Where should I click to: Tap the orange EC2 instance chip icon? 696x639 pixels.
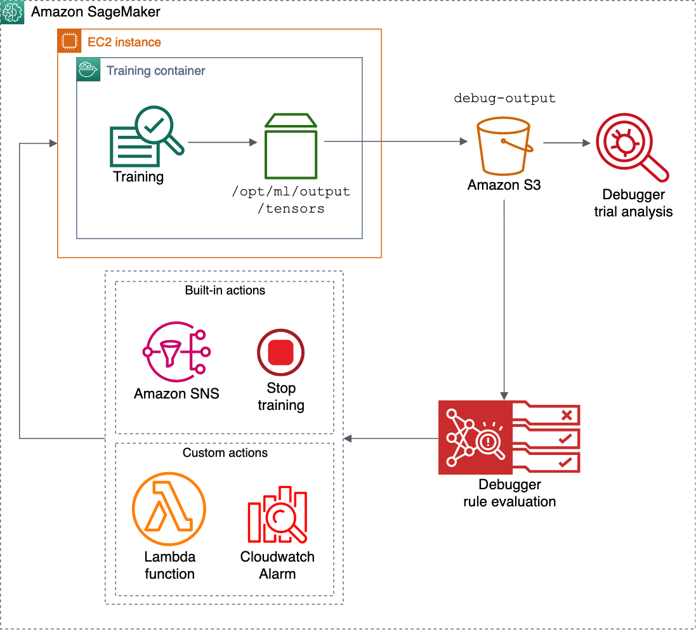click(67, 43)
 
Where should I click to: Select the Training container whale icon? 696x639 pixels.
click(88, 70)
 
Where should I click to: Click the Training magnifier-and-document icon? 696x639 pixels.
click(146, 136)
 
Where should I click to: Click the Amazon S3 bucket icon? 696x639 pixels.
click(504, 147)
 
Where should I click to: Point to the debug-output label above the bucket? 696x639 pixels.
click(504, 98)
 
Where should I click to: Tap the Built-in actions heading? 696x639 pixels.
click(225, 291)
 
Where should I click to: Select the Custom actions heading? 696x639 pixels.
click(225, 453)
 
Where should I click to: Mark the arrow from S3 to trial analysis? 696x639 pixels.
click(567, 143)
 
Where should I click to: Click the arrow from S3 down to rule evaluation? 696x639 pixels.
click(504, 298)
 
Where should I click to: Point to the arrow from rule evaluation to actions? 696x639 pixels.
click(390, 438)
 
